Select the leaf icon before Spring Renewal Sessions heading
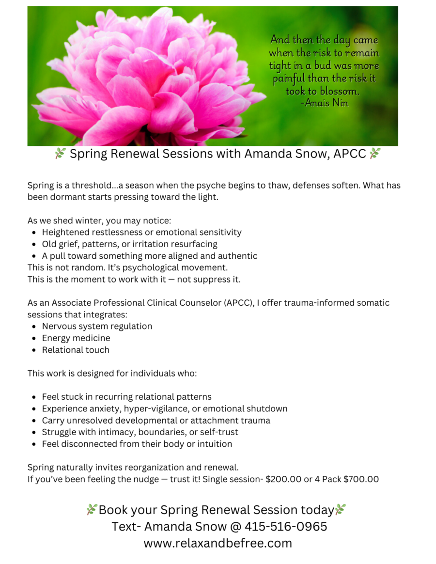click(60, 154)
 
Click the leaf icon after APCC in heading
click(374, 154)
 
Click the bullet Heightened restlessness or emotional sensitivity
click(141, 233)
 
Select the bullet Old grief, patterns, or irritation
click(129, 244)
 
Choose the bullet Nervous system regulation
click(97, 327)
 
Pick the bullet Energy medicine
click(76, 338)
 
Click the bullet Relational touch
click(76, 350)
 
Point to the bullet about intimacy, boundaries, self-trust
click(140, 432)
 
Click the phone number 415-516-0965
click(286, 526)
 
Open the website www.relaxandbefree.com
click(218, 543)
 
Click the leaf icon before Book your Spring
click(92, 510)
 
